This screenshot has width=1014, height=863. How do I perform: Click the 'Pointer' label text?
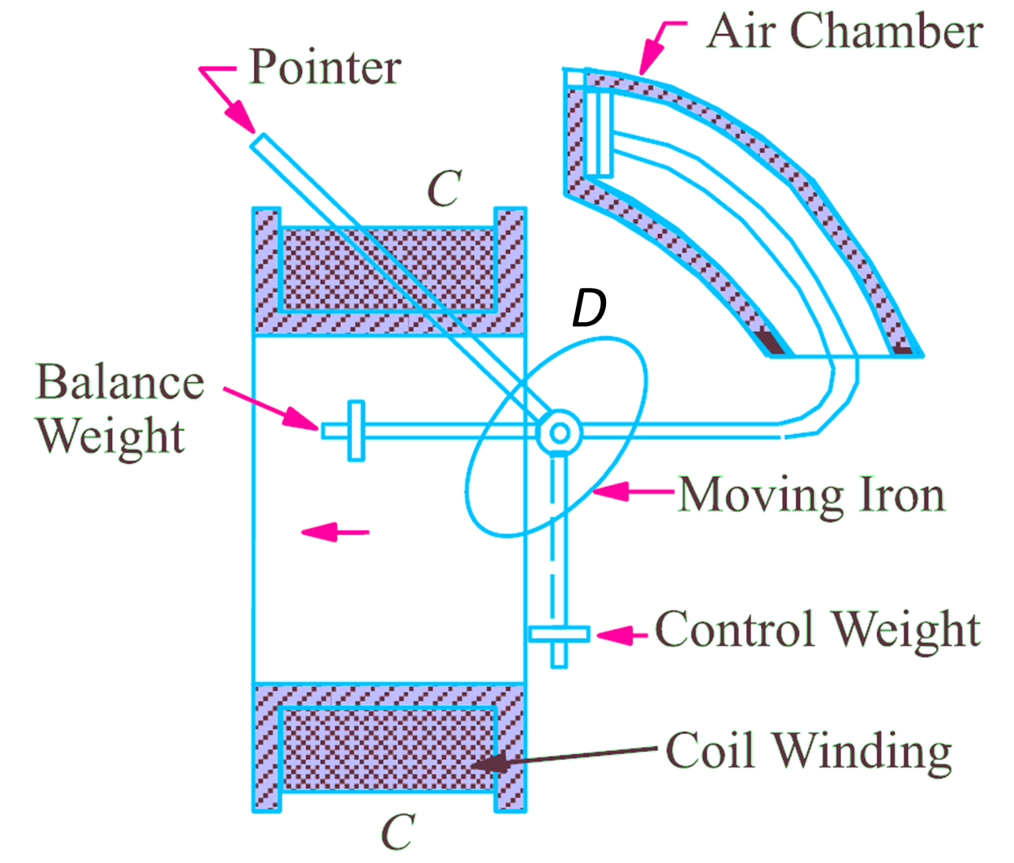pyautogui.click(x=324, y=67)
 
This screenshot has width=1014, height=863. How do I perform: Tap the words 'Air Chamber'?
pyautogui.click(x=844, y=32)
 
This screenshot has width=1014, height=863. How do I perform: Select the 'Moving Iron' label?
pyautogui.click(x=811, y=495)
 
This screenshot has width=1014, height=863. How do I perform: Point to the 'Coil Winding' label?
pyautogui.click(x=808, y=751)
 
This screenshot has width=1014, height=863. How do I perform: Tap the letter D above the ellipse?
pyautogui.click(x=589, y=308)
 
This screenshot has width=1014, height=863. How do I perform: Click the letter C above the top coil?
pyautogui.click(x=445, y=188)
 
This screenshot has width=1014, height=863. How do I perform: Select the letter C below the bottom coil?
pyautogui.click(x=398, y=831)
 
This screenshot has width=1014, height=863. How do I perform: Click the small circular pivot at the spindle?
pyautogui.click(x=559, y=432)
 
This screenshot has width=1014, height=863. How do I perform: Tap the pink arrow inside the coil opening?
pyautogui.click(x=334, y=532)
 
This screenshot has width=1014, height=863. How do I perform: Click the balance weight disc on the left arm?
pyautogui.click(x=355, y=431)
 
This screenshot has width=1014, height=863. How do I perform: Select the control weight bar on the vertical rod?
pyautogui.click(x=558, y=633)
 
